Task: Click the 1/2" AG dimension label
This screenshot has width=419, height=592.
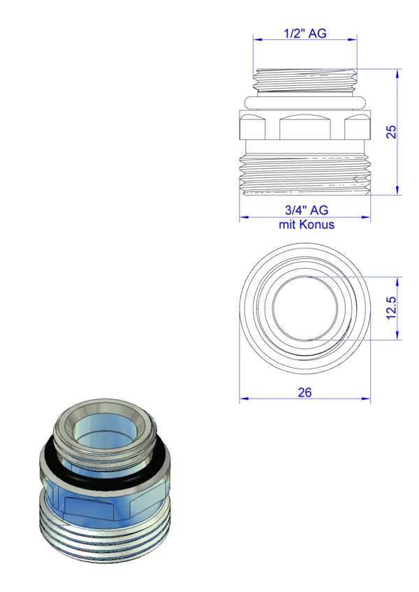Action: [305, 34]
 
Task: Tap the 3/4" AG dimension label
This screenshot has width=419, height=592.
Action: [307, 210]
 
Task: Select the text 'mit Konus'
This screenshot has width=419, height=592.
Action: [307, 225]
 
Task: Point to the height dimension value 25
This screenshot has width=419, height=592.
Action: [392, 132]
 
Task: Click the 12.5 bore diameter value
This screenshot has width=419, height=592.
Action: [392, 308]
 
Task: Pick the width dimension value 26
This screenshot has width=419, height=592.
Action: [304, 392]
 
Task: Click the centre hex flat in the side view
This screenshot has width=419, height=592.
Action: [305, 127]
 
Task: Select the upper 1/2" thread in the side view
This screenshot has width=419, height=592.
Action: [305, 81]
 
